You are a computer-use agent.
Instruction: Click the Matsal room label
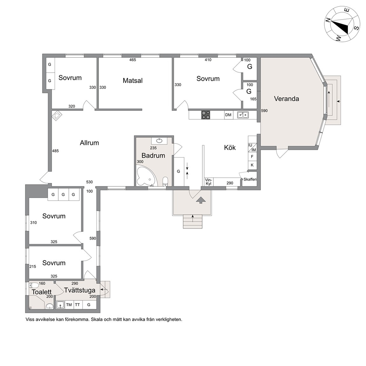coord(132,80)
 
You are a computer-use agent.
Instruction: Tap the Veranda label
coord(286,99)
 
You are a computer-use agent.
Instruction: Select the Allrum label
coord(89,143)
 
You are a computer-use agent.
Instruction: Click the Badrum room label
coord(153,155)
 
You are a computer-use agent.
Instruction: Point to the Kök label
coord(230,147)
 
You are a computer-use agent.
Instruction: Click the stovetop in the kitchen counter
coord(206,115)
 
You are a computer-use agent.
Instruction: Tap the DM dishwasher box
coord(228,115)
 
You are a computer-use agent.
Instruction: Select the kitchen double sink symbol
coord(243,115)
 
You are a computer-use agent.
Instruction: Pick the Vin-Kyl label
coord(208,182)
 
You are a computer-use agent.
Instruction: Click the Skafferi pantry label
coord(250,179)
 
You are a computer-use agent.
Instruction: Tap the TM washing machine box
coord(69,305)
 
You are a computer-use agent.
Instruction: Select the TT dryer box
coord(77,305)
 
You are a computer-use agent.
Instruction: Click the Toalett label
coord(42,292)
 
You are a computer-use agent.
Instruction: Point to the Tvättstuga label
coord(80,290)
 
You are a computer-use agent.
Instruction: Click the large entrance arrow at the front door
coord(201,200)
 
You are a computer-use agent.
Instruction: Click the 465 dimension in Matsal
coord(132,60)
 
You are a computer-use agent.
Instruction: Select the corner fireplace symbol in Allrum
coord(57,115)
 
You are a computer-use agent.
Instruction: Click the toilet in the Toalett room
coord(34,285)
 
